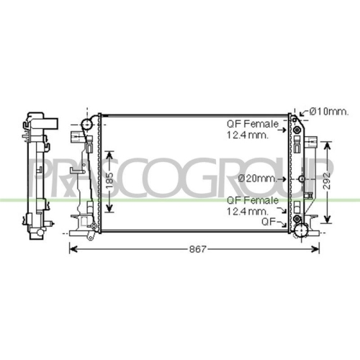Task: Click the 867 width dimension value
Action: coord(197,249)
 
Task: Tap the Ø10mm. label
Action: coord(328,112)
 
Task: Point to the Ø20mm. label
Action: coord(257,179)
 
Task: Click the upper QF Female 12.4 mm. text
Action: coord(253,130)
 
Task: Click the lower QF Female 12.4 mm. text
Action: coord(253,206)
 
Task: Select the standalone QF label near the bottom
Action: coord(269,222)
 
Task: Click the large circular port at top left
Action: coord(87,125)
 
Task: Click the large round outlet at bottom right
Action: coord(301,230)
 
